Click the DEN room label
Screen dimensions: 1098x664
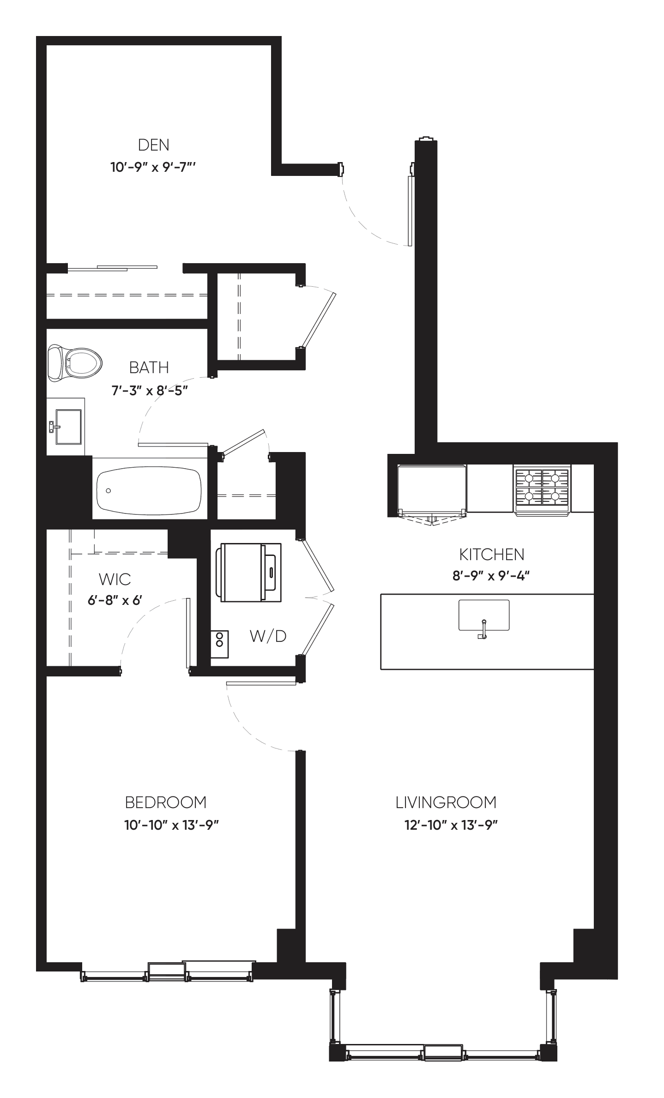click(x=154, y=145)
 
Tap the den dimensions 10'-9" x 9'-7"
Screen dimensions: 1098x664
click(x=154, y=167)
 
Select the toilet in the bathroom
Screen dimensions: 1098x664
click(x=75, y=363)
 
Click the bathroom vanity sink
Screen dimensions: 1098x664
click(x=68, y=426)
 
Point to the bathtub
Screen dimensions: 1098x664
click(x=149, y=490)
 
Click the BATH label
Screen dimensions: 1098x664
click(x=149, y=368)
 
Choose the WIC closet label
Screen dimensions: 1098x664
click(x=115, y=579)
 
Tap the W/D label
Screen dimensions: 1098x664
click(x=268, y=636)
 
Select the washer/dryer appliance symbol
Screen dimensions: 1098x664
click(x=250, y=572)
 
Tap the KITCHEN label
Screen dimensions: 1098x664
click(x=491, y=554)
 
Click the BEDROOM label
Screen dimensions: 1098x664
click(x=166, y=802)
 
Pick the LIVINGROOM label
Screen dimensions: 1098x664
click(x=446, y=802)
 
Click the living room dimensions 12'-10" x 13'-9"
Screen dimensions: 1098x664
click(x=451, y=825)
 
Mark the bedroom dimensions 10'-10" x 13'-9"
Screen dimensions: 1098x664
click(x=171, y=825)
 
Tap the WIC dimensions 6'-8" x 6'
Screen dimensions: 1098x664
click(x=115, y=601)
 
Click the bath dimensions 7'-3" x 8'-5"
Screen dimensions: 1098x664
click(x=149, y=391)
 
